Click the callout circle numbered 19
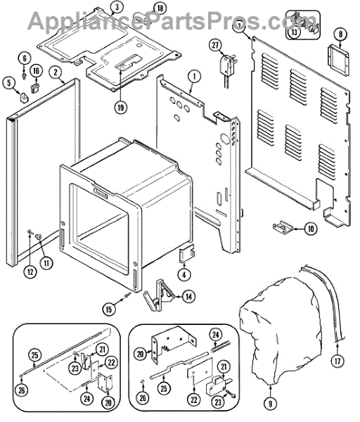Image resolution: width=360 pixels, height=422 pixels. (x=120, y=107)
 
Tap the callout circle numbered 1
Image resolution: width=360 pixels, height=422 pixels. (x=194, y=77)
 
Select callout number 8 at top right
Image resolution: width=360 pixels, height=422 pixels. (x=340, y=34)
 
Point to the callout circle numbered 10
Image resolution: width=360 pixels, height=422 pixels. (x=311, y=229)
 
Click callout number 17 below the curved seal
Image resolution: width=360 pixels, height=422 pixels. (x=337, y=361)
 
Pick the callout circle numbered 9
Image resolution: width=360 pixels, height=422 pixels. (x=270, y=404)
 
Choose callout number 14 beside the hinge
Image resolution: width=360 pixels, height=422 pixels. (x=188, y=297)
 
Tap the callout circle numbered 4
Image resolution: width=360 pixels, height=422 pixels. (x=184, y=275)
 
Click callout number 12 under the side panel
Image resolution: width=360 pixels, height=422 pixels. (x=30, y=271)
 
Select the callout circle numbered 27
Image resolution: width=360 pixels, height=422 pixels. (x=215, y=45)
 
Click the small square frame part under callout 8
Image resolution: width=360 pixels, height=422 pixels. (x=338, y=60)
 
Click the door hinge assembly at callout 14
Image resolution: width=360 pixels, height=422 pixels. (x=159, y=295)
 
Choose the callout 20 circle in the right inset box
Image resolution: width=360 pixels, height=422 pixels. (x=141, y=354)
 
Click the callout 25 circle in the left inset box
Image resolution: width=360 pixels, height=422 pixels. (x=35, y=355)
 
